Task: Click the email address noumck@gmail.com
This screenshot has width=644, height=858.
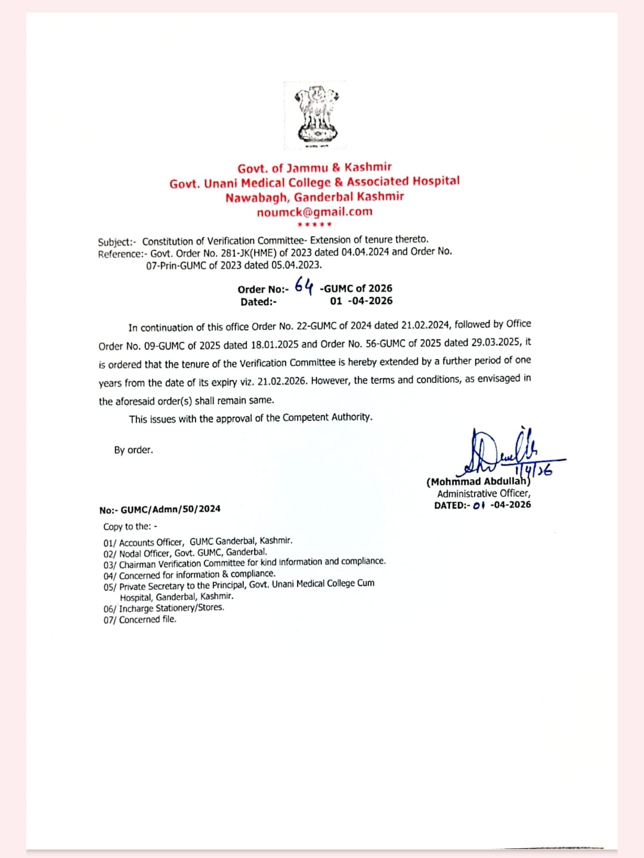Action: [x=314, y=212]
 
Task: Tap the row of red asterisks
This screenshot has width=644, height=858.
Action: [x=314, y=225]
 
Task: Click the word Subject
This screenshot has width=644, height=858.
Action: [x=116, y=242]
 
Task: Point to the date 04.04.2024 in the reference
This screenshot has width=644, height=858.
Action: [x=365, y=252]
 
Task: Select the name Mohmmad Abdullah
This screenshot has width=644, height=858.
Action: [x=478, y=481]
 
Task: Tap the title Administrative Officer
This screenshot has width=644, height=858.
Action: [x=484, y=494]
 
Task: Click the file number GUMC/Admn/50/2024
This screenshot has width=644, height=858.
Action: [x=170, y=509]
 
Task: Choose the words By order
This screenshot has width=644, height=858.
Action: [x=134, y=450]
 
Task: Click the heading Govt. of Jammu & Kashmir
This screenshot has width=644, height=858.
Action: [x=314, y=168]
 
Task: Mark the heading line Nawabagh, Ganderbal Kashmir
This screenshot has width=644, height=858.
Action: [x=314, y=197]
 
